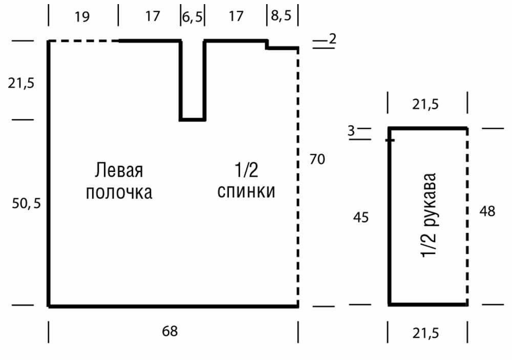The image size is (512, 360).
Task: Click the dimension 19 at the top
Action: pyautogui.click(x=81, y=16)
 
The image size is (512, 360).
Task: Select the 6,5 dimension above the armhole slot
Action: pyautogui.click(x=193, y=16)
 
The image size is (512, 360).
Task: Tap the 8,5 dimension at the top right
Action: pyautogui.click(x=281, y=15)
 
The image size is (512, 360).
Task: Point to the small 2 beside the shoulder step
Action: pyautogui.click(x=332, y=38)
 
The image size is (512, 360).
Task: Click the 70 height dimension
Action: pyautogui.click(x=317, y=159)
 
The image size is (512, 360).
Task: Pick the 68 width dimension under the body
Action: pyautogui.click(x=170, y=331)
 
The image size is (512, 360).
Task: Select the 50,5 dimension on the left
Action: pyautogui.click(x=27, y=203)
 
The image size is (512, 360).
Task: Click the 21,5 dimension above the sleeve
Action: pyautogui.click(x=425, y=104)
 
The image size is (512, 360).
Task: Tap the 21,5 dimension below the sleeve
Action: pyautogui.click(x=425, y=333)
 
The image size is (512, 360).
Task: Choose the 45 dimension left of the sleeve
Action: pyautogui.click(x=361, y=217)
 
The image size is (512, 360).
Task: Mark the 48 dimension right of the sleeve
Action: pyautogui.click(x=487, y=211)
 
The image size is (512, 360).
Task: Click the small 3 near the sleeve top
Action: pyautogui.click(x=351, y=131)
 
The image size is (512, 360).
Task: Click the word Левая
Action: pyautogui.click(x=119, y=170)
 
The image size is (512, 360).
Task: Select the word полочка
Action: pyautogui.click(x=119, y=193)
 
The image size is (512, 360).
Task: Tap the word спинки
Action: pyautogui.click(x=246, y=192)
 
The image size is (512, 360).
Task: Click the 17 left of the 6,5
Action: pyautogui.click(x=153, y=16)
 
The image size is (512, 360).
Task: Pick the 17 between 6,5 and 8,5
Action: pyautogui.click(x=236, y=16)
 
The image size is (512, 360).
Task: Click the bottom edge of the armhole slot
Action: pyautogui.click(x=193, y=119)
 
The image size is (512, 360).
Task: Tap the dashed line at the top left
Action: pyautogui.click(x=83, y=41)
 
